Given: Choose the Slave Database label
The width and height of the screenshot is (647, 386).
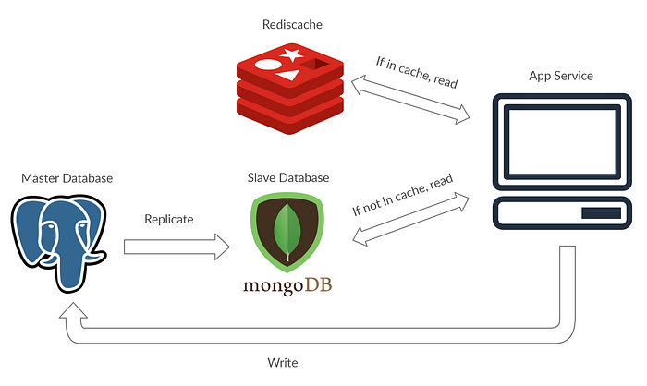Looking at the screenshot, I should tap(288, 177).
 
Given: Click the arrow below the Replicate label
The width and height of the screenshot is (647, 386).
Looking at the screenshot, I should tap(177, 247).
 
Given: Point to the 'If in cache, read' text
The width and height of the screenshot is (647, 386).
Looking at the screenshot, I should tap(418, 75).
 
